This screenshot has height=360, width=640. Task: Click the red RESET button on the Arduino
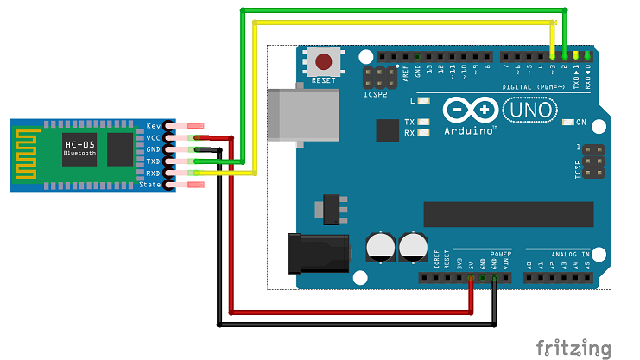pos(325,62)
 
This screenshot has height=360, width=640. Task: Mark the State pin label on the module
pos(151,185)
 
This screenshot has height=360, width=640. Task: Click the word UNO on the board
pos(523,110)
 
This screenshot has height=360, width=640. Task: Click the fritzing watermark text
pos(573,348)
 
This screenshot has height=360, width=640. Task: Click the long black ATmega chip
pos(508,213)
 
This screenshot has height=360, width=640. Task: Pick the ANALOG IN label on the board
pos(571,254)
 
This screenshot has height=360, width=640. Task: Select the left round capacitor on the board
pos(380,245)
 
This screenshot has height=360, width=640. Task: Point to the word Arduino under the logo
pos(471,130)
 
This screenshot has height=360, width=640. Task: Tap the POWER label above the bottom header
pos(500,254)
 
